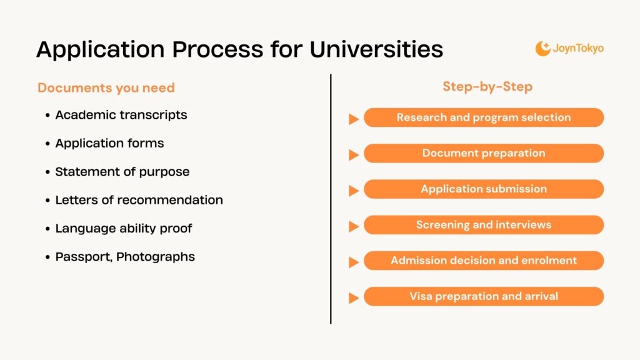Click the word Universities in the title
(376, 49)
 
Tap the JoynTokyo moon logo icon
(542, 48)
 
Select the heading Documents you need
(106, 87)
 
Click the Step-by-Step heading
(487, 86)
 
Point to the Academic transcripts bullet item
(121, 115)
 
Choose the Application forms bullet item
(109, 143)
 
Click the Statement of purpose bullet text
(122, 171)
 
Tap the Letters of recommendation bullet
(139, 200)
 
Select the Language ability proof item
(123, 228)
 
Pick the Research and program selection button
(484, 117)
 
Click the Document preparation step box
(484, 153)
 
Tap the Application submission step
(484, 189)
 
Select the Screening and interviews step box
(484, 224)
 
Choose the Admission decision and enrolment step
(484, 261)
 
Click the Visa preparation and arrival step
(484, 296)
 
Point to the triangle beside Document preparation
(353, 154)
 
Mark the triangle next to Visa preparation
(353, 298)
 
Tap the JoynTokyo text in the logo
(578, 48)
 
